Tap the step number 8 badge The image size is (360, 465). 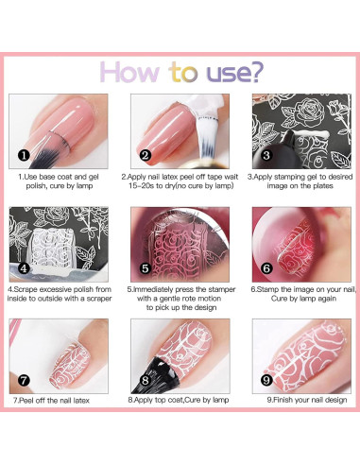(x=145, y=383)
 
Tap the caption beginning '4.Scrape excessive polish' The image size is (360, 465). (x=63, y=297)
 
